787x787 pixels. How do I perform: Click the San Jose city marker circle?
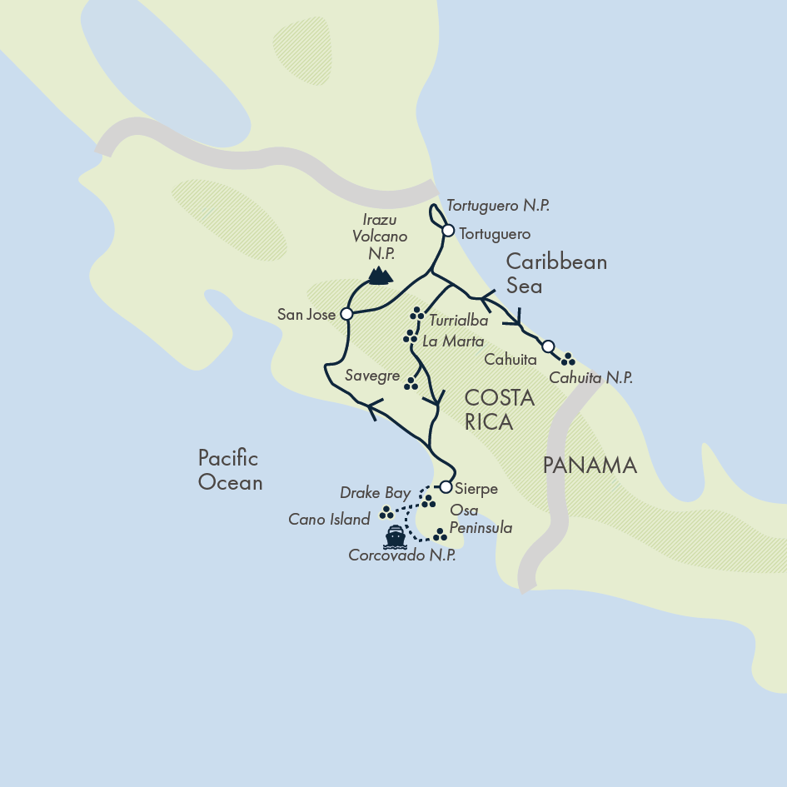tap(346, 315)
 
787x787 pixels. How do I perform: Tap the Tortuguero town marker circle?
tap(448, 231)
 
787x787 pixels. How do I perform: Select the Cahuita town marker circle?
tap(548, 346)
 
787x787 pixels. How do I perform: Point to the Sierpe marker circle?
tap(446, 487)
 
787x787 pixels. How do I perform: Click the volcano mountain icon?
tap(380, 276)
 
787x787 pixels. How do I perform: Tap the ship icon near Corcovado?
tap(395, 536)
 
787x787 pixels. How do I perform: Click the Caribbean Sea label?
tap(556, 274)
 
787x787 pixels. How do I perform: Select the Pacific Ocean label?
tap(229, 470)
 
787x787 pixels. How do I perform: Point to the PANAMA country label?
tap(590, 466)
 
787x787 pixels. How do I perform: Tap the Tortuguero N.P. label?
tap(498, 205)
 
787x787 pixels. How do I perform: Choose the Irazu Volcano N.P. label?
tap(379, 237)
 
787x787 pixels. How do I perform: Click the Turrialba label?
tap(459, 320)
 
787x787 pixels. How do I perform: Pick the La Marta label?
tap(453, 341)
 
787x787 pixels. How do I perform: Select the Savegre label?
tap(372, 376)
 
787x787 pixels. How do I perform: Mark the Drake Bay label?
tap(375, 493)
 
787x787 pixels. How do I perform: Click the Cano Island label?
tap(329, 520)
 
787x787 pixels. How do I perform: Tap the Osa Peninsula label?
tap(480, 519)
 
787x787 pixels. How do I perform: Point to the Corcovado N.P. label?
tap(402, 556)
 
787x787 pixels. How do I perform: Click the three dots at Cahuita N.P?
tap(568, 359)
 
